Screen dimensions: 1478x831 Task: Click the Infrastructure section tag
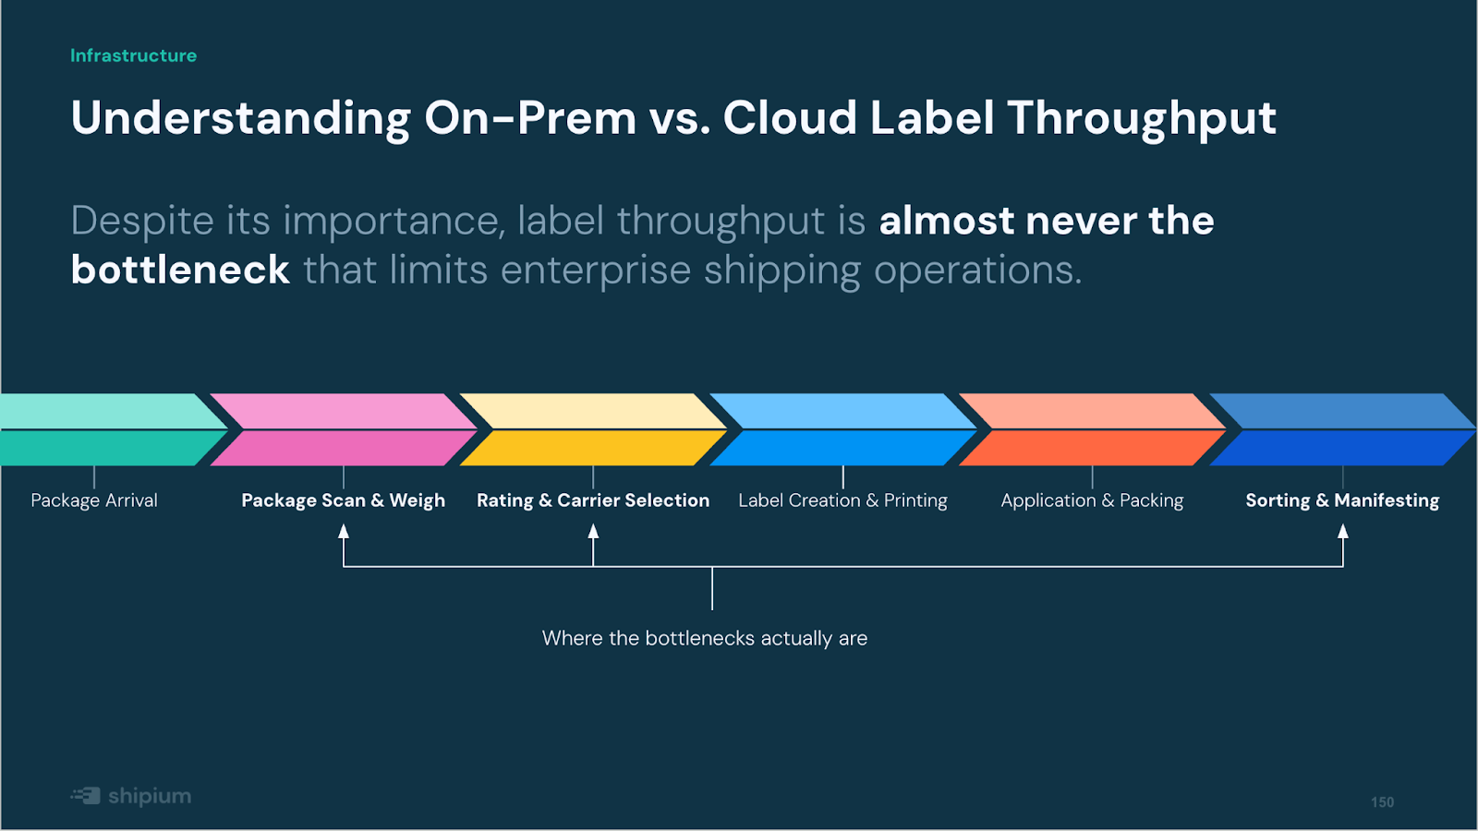point(133,55)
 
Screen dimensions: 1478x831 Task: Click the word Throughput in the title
point(1142,119)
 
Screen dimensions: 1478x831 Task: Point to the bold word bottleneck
point(180,270)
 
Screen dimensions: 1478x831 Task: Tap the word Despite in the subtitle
point(142,222)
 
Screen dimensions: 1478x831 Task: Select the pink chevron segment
point(344,429)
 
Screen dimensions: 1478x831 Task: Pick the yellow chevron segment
point(593,429)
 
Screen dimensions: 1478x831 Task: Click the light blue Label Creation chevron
point(843,429)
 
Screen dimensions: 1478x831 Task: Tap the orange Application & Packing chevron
point(1093,429)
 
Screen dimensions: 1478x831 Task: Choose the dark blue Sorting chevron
point(1343,429)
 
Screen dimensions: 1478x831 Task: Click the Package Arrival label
point(94,500)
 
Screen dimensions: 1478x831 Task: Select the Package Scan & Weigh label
point(343,500)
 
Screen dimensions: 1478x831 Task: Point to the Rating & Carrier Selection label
point(593,500)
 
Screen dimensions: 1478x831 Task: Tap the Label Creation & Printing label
point(842,500)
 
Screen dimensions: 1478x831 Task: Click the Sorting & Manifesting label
point(1343,500)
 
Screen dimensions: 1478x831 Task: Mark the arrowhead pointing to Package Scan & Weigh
point(343,531)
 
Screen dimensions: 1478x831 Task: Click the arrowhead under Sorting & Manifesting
point(1343,531)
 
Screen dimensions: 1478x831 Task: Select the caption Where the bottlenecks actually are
point(705,638)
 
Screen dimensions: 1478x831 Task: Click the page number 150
point(1382,802)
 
